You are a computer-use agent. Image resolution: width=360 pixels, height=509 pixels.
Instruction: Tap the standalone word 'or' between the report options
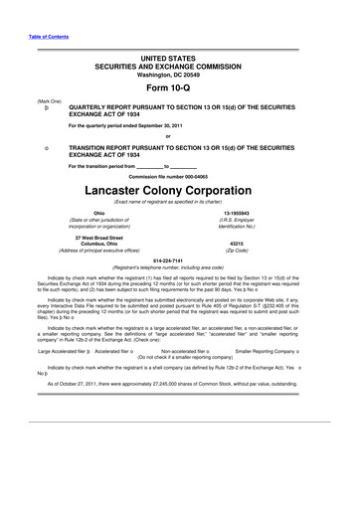click(180, 136)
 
